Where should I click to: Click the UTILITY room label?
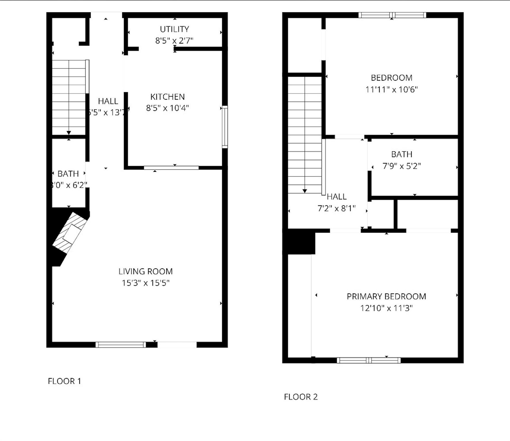coord(174,29)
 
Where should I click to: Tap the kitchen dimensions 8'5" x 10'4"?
coord(167,108)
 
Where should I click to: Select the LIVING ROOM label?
coord(145,271)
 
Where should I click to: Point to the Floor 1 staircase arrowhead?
coord(69,133)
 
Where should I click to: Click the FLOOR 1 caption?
coord(64,381)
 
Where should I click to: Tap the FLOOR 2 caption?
coord(301,397)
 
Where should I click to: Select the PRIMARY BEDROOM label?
coord(386,297)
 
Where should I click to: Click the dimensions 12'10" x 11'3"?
coord(386,308)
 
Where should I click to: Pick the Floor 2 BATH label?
coord(402,154)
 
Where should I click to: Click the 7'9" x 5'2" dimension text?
coord(402,166)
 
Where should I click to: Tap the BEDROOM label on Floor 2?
coord(391,78)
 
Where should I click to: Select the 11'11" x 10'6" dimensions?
coord(391,90)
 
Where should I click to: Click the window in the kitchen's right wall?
coord(225,127)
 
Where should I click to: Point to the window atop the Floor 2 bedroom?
coord(392,15)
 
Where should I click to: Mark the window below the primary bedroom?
coord(369,360)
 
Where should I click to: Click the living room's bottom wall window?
coord(121,345)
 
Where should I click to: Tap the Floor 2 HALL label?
coord(336,197)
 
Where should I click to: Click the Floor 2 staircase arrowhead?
coord(305,191)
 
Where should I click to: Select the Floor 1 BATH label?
coord(68,174)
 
